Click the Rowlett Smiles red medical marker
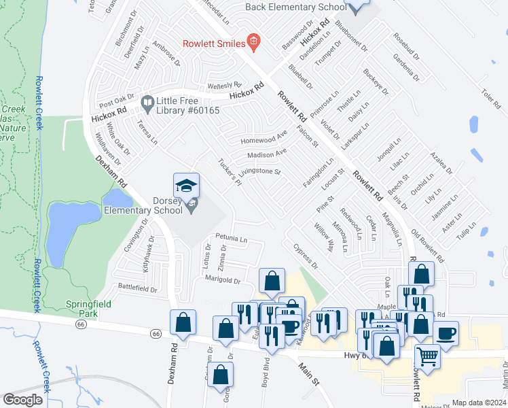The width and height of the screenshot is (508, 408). [x=253, y=43]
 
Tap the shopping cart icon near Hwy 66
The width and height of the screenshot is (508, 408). [x=427, y=356]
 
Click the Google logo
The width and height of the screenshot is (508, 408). [x=23, y=400]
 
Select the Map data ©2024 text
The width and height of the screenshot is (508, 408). [x=479, y=403]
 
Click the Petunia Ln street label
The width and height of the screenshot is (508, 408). [x=231, y=239]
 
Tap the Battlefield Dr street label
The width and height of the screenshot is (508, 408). [x=138, y=288]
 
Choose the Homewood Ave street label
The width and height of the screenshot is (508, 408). [x=264, y=140]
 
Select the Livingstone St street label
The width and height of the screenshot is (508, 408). [x=259, y=172]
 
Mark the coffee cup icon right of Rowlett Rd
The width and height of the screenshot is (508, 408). [x=446, y=333]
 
